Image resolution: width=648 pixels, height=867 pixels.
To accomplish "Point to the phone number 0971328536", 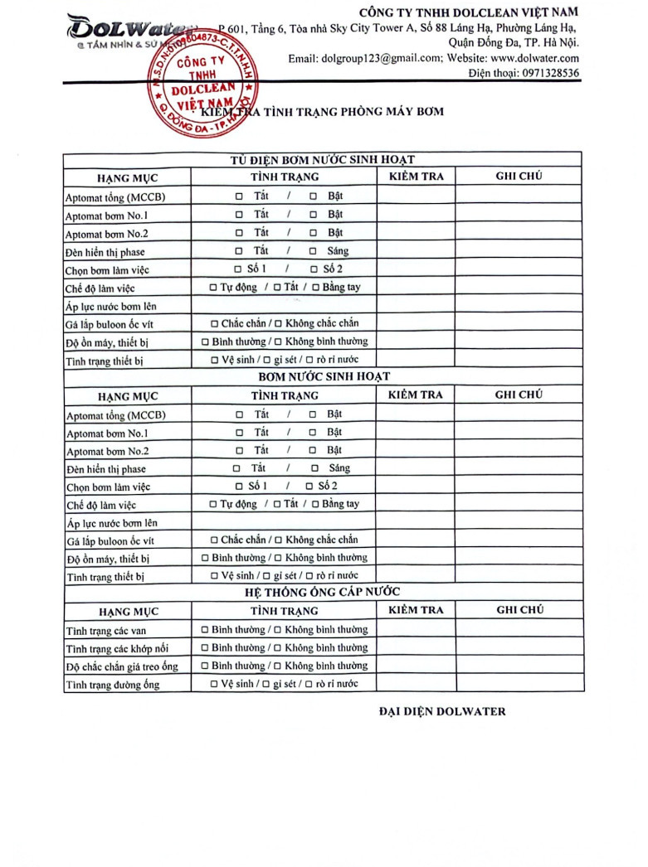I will (551, 74).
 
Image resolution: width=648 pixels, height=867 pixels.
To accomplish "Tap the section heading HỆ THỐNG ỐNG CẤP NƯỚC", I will (323, 592).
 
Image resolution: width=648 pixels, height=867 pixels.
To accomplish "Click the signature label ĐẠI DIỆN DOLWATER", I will (441, 711).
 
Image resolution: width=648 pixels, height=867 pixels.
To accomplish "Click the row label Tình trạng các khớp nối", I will (117, 648).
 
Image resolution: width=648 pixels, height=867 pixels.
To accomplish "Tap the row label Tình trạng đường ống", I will (113, 685).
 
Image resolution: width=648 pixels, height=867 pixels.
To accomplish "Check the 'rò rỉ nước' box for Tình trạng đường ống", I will (309, 684).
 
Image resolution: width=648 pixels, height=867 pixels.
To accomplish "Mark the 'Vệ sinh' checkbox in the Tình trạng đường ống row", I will (216, 684).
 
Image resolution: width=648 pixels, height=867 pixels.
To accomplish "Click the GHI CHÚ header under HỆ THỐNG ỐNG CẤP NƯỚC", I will (519, 610).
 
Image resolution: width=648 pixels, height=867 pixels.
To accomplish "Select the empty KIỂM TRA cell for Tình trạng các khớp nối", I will (416, 647).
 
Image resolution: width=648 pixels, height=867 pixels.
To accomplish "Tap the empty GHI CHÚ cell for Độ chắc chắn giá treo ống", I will (519, 666).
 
